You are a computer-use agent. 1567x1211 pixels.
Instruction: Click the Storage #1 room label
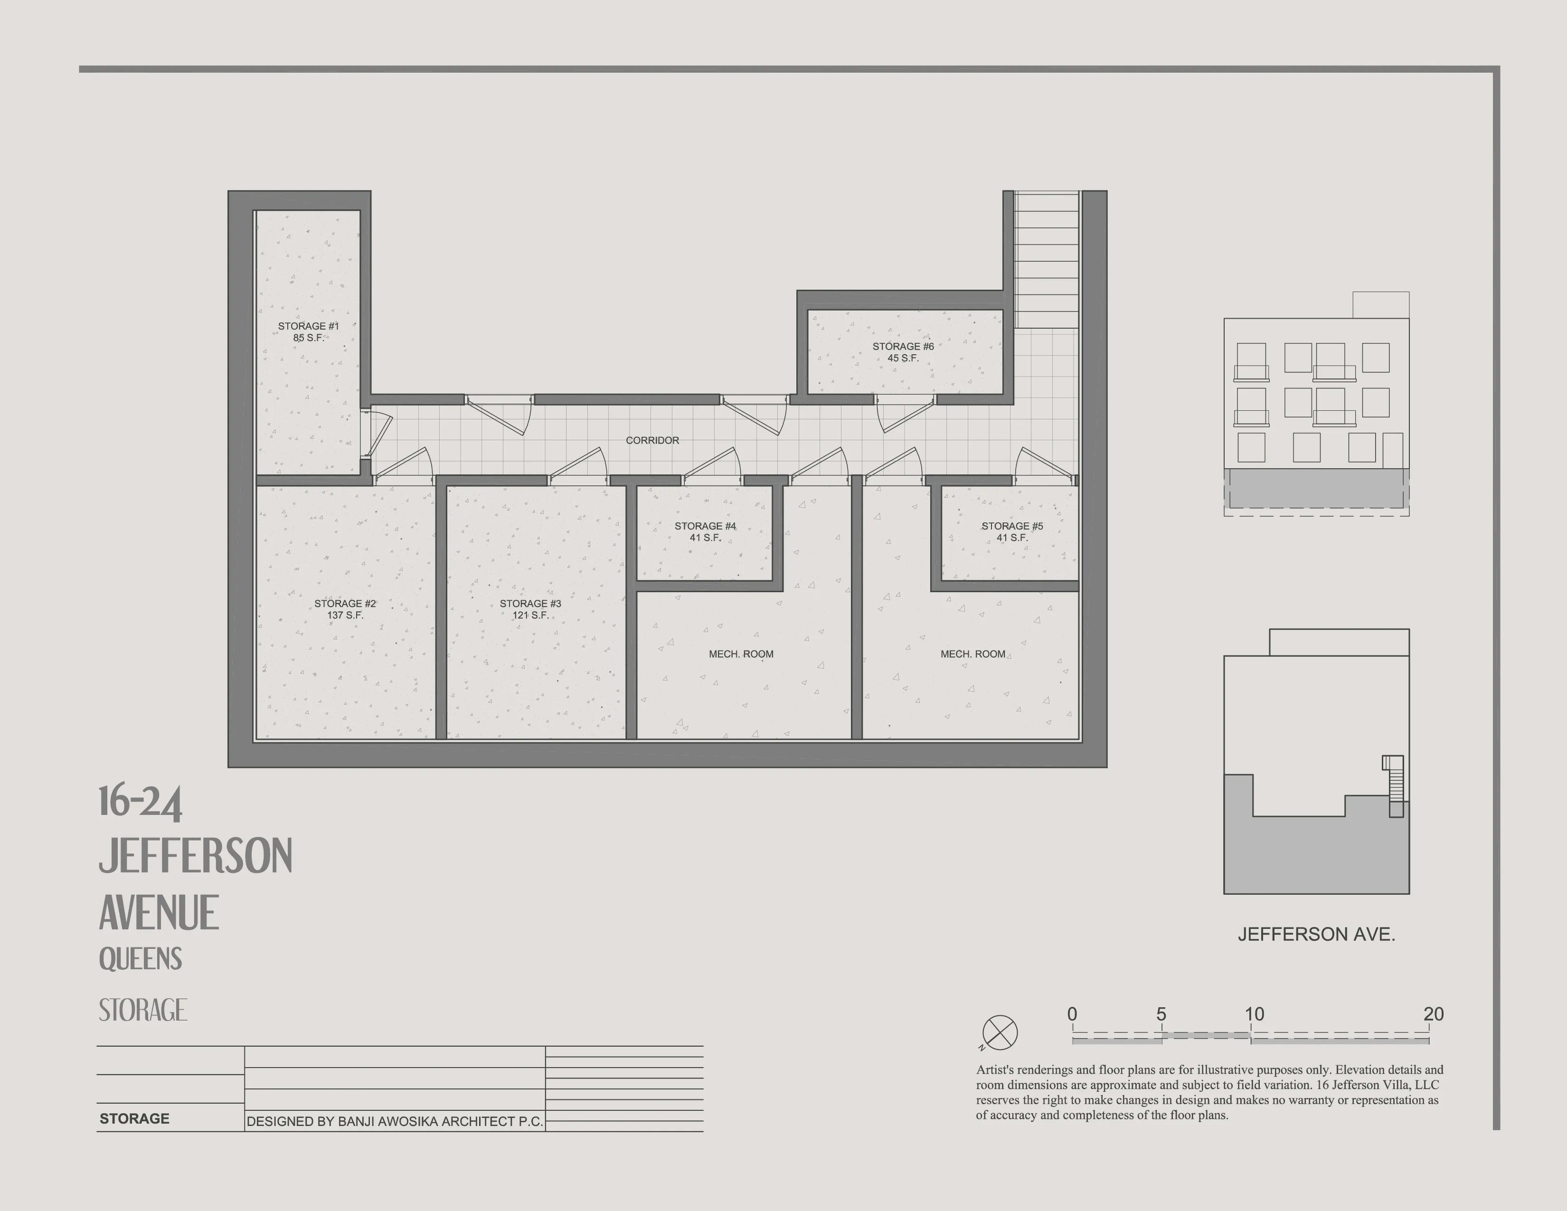click(x=308, y=326)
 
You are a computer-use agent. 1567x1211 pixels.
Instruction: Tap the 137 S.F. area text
click(x=345, y=615)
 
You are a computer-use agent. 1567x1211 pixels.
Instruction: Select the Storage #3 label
click(x=530, y=603)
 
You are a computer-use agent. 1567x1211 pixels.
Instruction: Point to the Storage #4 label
click(x=705, y=526)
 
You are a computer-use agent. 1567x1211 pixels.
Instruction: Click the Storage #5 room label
click(x=1011, y=526)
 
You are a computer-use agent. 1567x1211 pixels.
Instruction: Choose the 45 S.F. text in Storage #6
click(x=903, y=358)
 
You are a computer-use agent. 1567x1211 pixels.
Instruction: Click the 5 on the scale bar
click(x=1161, y=1014)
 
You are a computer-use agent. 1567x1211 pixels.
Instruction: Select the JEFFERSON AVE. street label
click(x=1316, y=934)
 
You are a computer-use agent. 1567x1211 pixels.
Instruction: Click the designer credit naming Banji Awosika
click(x=395, y=1121)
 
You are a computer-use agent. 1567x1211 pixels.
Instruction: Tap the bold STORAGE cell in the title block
click(x=134, y=1118)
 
